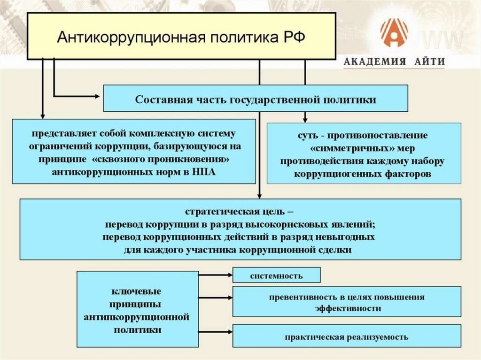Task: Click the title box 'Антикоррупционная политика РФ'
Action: tap(181, 36)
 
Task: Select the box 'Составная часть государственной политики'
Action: tap(255, 99)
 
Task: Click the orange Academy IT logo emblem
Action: tap(394, 33)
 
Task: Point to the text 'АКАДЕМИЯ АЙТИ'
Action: tap(394, 62)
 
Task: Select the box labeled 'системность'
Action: tap(276, 276)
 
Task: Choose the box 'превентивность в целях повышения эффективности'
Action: tap(347, 303)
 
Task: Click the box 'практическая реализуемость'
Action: tap(347, 337)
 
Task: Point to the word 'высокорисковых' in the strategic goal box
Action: tap(284, 223)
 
